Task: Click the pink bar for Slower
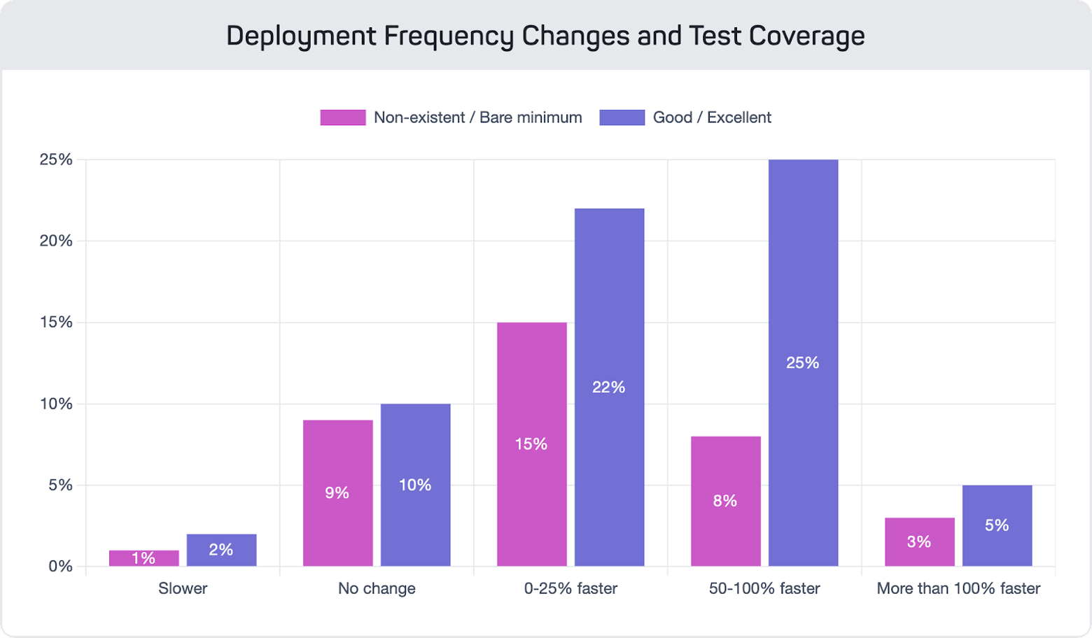pos(143,558)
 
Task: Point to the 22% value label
pos(608,387)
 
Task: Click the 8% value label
pos(724,501)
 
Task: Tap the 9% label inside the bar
pos(337,493)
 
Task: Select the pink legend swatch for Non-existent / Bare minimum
pos(342,118)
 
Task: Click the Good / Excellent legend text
pos(711,118)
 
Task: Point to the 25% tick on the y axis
pos(56,159)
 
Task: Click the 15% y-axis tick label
pos(56,322)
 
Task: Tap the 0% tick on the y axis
pos(60,566)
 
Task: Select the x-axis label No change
pos(377,588)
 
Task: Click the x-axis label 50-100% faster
pos(764,588)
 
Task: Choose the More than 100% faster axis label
pos(958,588)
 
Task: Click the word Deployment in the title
pos(301,36)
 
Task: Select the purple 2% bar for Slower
pos(221,550)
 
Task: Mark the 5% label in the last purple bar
pos(997,525)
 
